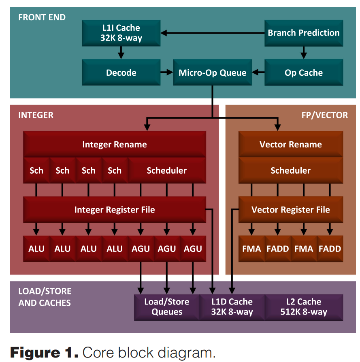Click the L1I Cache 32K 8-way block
(x=121, y=33)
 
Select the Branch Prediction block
(x=304, y=33)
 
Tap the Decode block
(x=121, y=73)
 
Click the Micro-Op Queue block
(x=212, y=73)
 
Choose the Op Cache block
(x=304, y=73)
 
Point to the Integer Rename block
(x=115, y=145)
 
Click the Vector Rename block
(x=290, y=145)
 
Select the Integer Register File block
(x=115, y=210)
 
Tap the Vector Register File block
(x=290, y=210)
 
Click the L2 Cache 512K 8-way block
(x=304, y=307)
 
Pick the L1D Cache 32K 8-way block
(x=232, y=307)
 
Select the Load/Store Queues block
(x=166, y=307)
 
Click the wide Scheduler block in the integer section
(x=166, y=170)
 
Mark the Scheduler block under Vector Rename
(x=290, y=170)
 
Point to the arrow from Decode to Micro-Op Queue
(x=166, y=73)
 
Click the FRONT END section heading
(x=42, y=18)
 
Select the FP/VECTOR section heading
(x=324, y=115)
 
